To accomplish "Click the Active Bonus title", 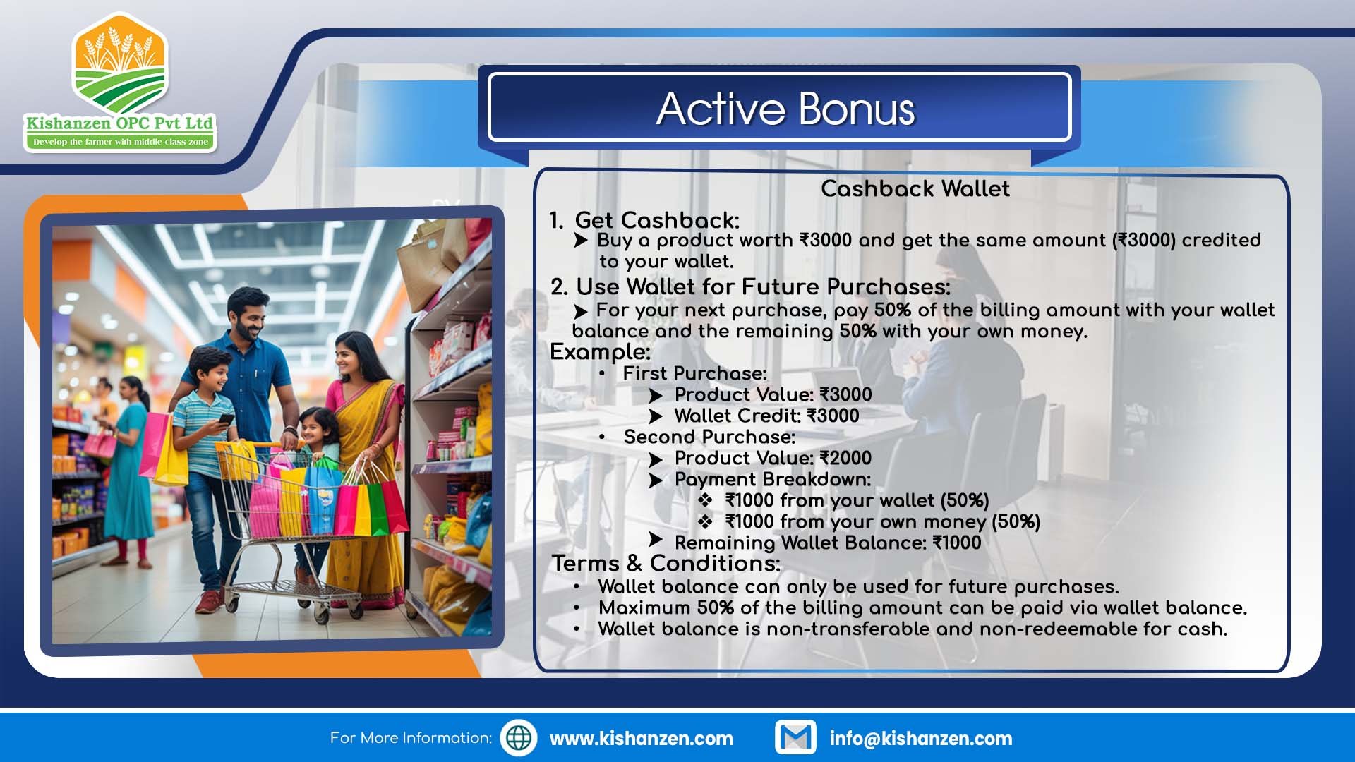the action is click(785, 109).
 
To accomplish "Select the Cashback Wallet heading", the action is click(915, 188).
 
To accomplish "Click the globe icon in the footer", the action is click(519, 738).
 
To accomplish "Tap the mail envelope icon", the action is click(795, 738).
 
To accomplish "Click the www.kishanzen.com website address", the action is click(642, 739).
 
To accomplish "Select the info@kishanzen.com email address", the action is click(921, 739).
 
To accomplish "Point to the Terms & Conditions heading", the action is click(666, 563).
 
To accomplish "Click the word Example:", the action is click(600, 351).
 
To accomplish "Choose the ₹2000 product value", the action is click(845, 458).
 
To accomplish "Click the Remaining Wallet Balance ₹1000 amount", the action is click(956, 543).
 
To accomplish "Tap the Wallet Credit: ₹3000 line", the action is click(766, 416).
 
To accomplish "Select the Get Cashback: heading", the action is click(657, 220).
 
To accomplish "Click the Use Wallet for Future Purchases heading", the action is click(763, 286).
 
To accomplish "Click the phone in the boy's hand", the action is click(226, 419).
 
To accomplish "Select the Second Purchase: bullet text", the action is click(709, 437).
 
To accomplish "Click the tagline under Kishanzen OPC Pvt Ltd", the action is click(121, 142).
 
